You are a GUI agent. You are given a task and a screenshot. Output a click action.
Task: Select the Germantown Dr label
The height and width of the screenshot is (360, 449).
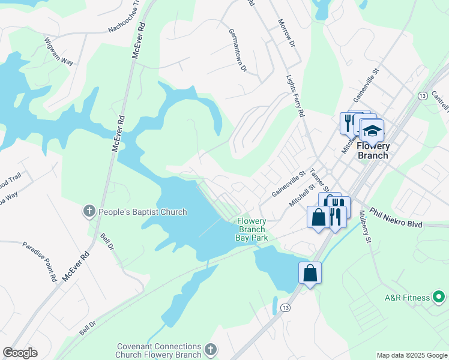238,51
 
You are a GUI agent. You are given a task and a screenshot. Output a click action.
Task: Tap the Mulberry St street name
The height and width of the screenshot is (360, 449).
363,226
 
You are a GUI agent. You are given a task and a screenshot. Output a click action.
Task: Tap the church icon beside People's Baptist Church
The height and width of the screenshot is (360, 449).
89,211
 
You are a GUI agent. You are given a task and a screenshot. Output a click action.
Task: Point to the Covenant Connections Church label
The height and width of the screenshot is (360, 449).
159,350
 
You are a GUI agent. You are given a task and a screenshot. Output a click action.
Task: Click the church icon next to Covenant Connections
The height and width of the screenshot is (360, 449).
210,349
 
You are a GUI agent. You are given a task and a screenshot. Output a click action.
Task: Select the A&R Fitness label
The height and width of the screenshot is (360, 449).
408,298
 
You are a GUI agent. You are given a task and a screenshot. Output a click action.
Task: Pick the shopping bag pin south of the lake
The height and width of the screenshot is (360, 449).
310,273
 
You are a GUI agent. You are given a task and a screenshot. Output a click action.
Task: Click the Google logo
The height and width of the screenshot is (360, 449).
20,353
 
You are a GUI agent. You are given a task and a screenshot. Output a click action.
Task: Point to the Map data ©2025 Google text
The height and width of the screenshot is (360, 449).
411,355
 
